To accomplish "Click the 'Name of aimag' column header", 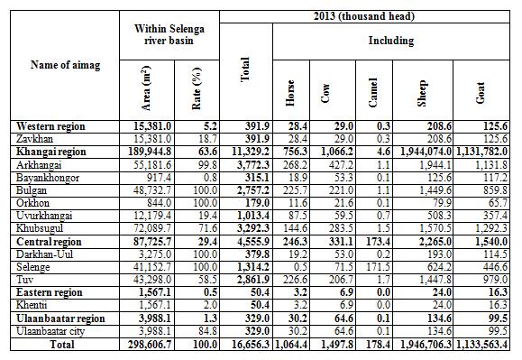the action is click(65, 65).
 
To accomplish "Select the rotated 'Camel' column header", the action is click(373, 93).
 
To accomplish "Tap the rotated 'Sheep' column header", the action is click(422, 93).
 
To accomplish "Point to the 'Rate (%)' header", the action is click(197, 88).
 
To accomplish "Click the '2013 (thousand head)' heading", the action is click(364, 16).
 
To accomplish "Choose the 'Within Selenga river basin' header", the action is click(169, 34).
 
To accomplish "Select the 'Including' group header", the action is click(391, 41).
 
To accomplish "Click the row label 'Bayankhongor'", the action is click(48, 178).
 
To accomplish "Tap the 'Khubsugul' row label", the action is click(40, 228).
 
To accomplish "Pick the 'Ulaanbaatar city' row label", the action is click(50, 331).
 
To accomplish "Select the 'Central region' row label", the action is click(49, 242).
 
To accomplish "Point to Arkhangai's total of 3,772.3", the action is click(253, 165).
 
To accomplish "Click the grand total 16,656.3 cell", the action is click(250, 345).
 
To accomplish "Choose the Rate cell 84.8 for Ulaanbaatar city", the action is click(207, 331).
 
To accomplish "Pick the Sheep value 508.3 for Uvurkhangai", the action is click(439, 216).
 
